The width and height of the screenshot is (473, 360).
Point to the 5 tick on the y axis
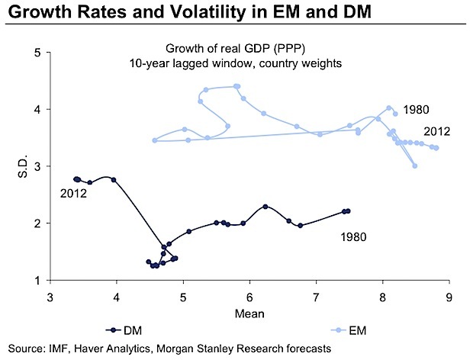(37, 53)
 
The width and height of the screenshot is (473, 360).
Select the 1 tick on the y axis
(37, 280)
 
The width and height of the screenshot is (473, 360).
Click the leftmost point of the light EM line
(155, 140)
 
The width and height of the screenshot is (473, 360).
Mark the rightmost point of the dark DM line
(348, 211)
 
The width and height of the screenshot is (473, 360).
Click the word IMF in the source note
(60, 349)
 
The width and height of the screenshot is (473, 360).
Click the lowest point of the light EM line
(415, 166)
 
